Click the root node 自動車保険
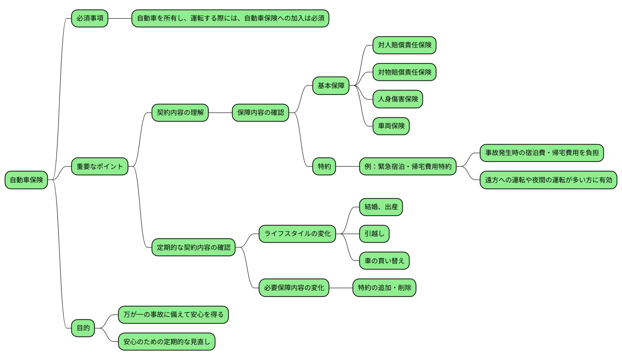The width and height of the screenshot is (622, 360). click(26, 180)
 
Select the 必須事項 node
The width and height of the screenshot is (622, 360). click(89, 19)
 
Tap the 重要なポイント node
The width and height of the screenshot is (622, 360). click(100, 167)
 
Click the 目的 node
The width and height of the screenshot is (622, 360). click(83, 328)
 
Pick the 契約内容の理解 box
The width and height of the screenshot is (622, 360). click(180, 113)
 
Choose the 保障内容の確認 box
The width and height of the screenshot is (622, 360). click(260, 113)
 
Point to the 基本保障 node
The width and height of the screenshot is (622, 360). click(331, 86)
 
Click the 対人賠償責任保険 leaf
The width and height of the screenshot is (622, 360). click(404, 45)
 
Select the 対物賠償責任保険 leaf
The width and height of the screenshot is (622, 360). click(404, 72)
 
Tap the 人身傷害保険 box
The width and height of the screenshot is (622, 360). click(398, 99)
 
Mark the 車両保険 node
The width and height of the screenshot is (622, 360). click(391, 126)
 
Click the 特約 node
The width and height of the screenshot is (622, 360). click(324, 167)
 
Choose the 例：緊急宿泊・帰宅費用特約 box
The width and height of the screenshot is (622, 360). click(408, 167)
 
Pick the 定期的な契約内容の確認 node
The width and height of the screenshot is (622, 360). click(193, 247)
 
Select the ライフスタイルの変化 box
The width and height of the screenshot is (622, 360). click(297, 234)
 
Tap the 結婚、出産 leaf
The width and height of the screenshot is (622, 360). click(381, 207)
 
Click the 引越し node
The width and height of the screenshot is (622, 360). click(374, 234)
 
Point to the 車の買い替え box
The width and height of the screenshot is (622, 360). click(384, 261)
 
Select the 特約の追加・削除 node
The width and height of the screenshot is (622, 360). click(384, 288)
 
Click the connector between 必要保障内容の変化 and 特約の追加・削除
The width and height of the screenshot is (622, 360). click(341, 288)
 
